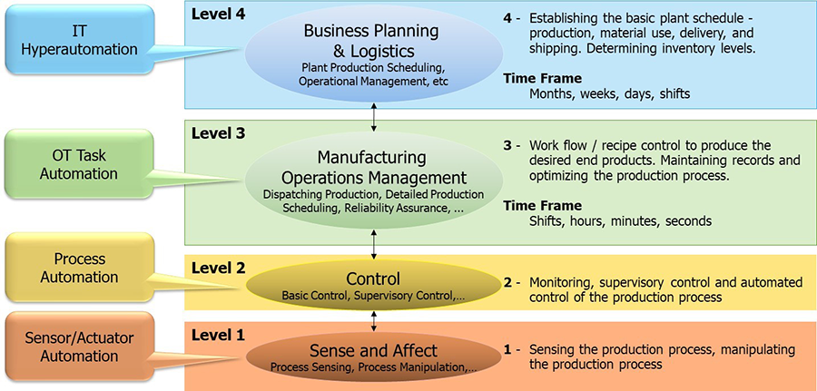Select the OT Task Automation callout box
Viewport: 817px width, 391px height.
tap(79, 164)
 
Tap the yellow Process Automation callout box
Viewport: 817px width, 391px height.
tap(80, 268)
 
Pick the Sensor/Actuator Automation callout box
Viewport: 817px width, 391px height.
tap(79, 347)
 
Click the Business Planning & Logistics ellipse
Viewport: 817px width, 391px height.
tap(374, 54)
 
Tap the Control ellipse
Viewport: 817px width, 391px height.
tap(374, 285)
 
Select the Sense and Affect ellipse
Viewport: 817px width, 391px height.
tap(374, 356)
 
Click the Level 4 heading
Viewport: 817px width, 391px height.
tap(218, 14)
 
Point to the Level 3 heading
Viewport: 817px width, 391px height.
tap(218, 133)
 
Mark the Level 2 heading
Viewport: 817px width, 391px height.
tap(218, 269)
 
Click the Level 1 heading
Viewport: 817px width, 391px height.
tap(218, 336)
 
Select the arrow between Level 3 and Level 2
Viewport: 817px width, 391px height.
tap(374, 242)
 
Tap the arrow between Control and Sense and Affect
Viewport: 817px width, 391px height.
tap(374, 321)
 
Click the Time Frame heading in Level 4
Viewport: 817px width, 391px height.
tap(543, 79)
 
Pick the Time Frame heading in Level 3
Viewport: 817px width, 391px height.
tap(543, 206)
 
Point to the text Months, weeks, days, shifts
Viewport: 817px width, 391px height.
tap(610, 94)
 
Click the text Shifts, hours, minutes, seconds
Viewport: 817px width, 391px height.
tap(620, 220)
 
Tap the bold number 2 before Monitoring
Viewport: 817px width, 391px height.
tap(508, 283)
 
